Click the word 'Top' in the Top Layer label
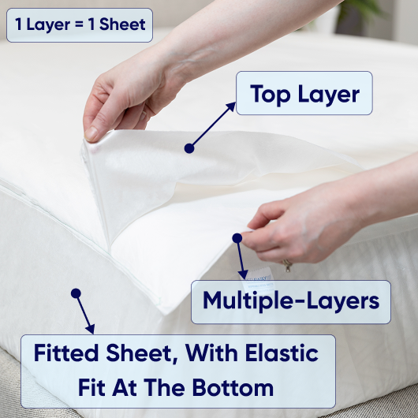pos(270,95)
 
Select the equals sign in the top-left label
pos(79,24)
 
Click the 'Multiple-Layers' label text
pos(291,300)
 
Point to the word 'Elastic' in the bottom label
pos(282,353)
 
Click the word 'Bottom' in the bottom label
pos(233,387)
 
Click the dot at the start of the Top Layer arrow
pos(189,148)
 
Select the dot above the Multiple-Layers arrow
pos(237,238)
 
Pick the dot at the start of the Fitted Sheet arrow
pos(76,293)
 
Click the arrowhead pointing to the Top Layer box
pos(231,107)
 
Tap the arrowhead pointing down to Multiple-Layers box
pos(243,274)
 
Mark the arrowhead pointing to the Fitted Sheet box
pos(91,329)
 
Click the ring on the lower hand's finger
pos(287,265)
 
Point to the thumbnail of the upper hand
pos(91,133)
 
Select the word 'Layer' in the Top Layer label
pos(328,95)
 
